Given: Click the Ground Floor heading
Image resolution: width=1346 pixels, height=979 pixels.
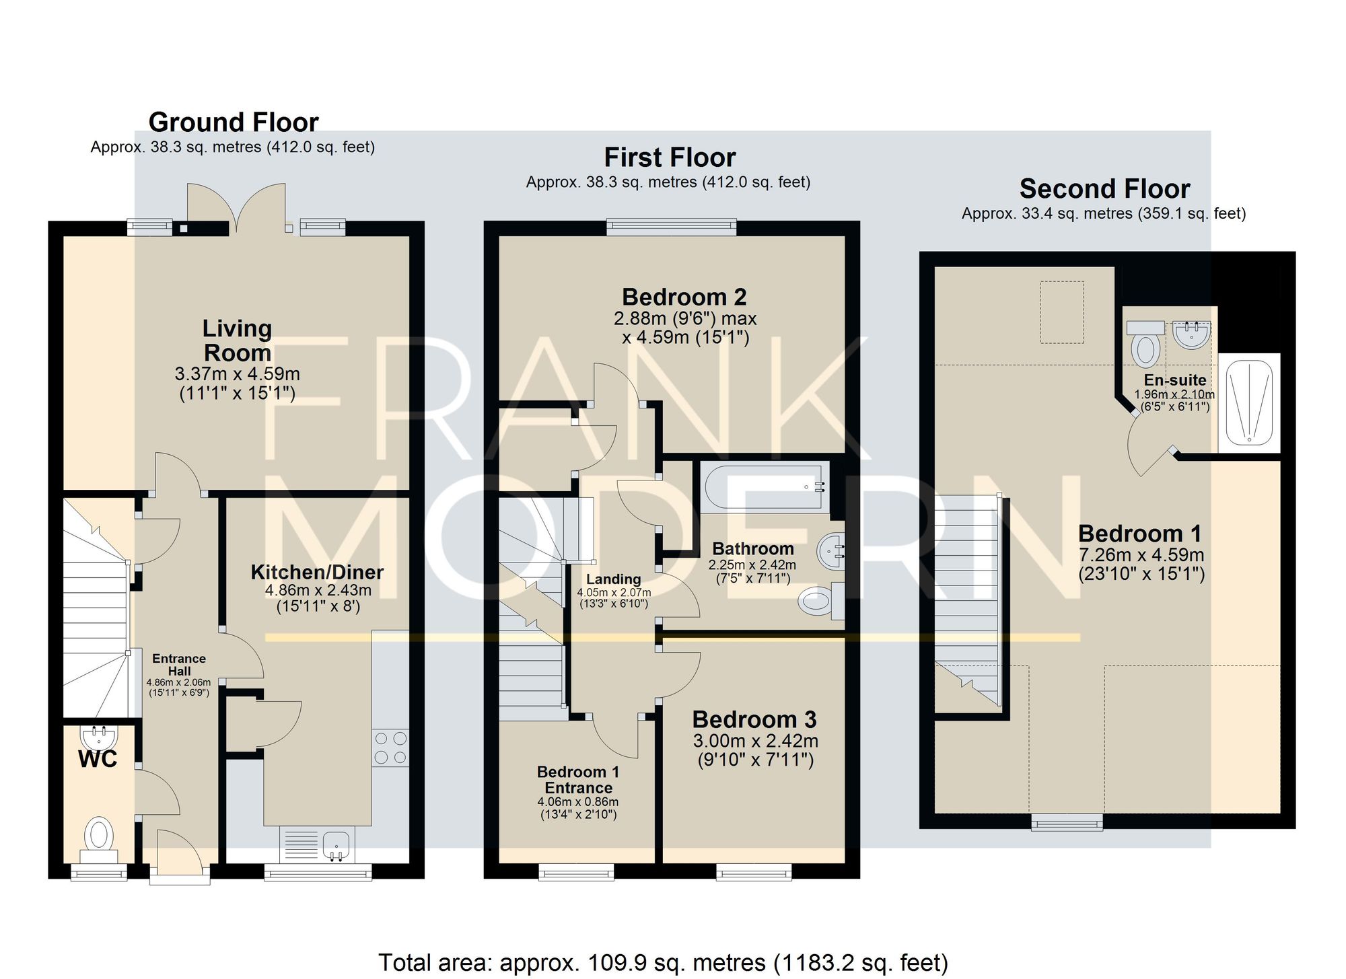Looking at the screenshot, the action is click(234, 122).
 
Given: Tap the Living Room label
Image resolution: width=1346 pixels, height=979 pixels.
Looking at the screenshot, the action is click(238, 340).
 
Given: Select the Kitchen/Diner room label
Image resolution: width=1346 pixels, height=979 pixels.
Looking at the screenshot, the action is click(317, 572).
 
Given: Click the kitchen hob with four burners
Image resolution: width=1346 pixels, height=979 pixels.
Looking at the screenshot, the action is click(390, 748).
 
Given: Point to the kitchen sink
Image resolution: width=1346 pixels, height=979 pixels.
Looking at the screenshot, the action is click(336, 844).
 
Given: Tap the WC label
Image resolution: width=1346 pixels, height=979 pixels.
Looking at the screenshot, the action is click(98, 759).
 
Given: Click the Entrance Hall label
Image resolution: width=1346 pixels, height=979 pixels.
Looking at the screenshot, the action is click(179, 665).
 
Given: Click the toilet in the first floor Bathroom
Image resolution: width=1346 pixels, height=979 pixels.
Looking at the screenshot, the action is click(821, 600).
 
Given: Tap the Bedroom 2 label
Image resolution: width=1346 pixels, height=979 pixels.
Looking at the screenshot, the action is click(684, 297).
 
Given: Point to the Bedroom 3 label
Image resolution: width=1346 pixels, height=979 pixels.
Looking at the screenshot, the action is click(754, 719).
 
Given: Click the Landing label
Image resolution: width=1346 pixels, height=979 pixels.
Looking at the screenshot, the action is click(613, 579).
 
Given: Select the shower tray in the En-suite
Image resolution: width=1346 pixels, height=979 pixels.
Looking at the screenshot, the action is click(1249, 402).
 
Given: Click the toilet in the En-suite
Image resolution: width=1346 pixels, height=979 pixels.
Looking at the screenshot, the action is click(1145, 343).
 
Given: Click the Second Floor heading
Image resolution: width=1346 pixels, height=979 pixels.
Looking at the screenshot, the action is click(1104, 189).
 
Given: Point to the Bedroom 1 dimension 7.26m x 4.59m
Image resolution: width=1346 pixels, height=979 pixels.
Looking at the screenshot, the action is click(1141, 555).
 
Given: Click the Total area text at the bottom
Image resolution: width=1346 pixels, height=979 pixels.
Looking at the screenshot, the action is click(663, 963).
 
